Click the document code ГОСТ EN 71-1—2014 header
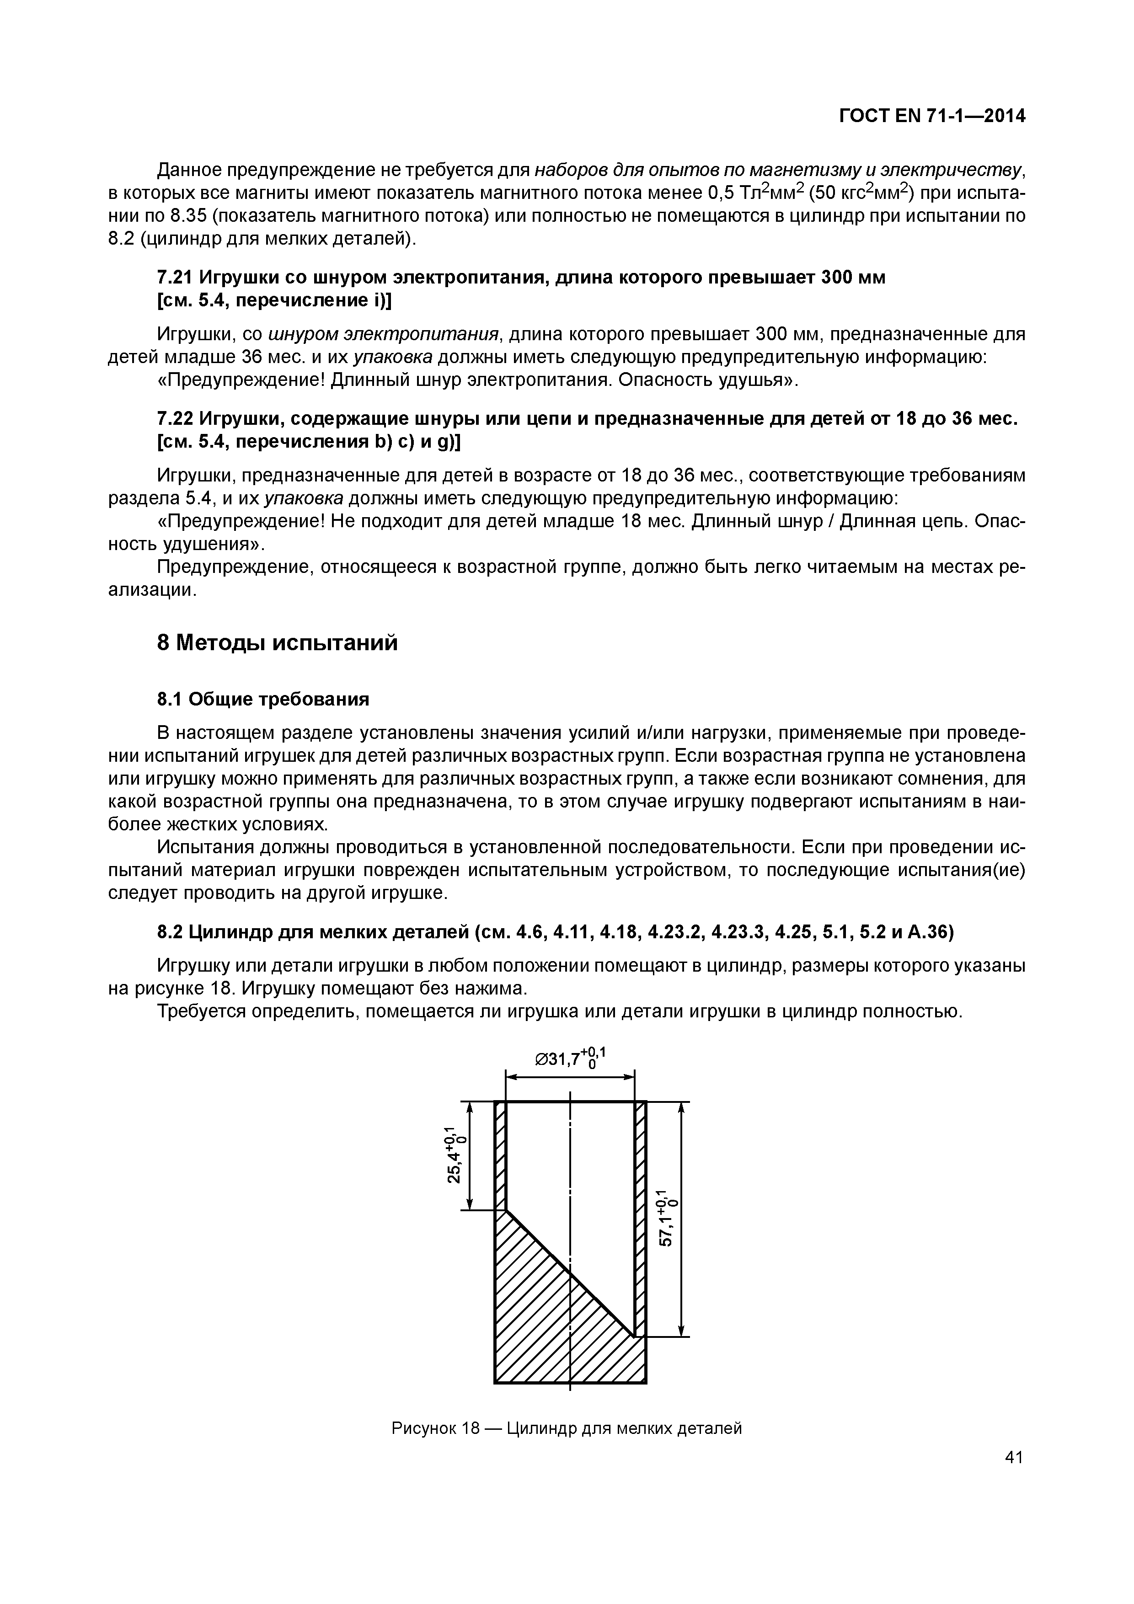[x=931, y=116]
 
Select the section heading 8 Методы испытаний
[x=278, y=643]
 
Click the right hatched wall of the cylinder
[x=640, y=1216]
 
